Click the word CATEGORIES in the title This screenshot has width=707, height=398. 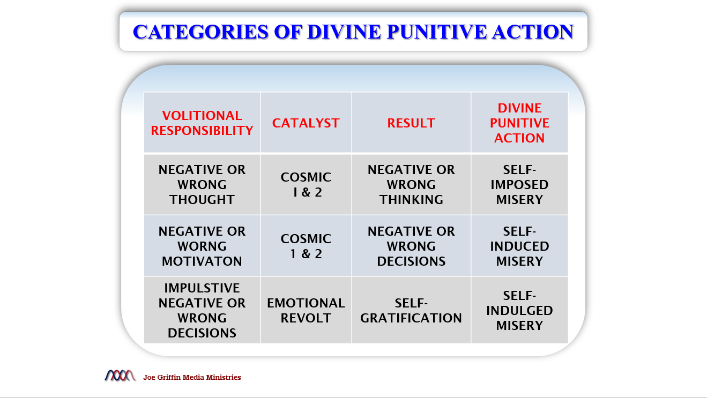[x=201, y=32]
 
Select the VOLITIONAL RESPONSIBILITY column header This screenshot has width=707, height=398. [x=202, y=123]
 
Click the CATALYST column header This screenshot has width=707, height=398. [x=306, y=123]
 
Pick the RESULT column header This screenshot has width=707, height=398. [x=411, y=123]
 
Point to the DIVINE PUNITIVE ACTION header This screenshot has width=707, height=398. [x=519, y=123]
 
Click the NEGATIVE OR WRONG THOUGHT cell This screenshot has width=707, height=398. [x=202, y=184]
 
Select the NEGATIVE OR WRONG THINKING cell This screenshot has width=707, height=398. [x=411, y=184]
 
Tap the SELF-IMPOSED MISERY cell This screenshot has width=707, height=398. [x=519, y=184]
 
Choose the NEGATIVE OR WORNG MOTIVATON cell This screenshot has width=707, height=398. [x=202, y=246]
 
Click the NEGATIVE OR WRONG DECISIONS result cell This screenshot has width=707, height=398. [x=411, y=246]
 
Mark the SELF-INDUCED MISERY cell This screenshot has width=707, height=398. [x=519, y=246]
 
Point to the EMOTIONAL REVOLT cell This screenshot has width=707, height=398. [x=306, y=310]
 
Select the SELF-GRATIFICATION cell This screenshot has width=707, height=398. [x=411, y=310]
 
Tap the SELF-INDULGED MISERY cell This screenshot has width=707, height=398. [x=519, y=310]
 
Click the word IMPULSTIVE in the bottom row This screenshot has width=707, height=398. [x=202, y=288]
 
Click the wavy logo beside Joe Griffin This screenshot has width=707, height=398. [x=120, y=376]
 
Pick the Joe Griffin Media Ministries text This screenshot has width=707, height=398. [x=192, y=377]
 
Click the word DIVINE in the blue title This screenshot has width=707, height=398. [x=344, y=32]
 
